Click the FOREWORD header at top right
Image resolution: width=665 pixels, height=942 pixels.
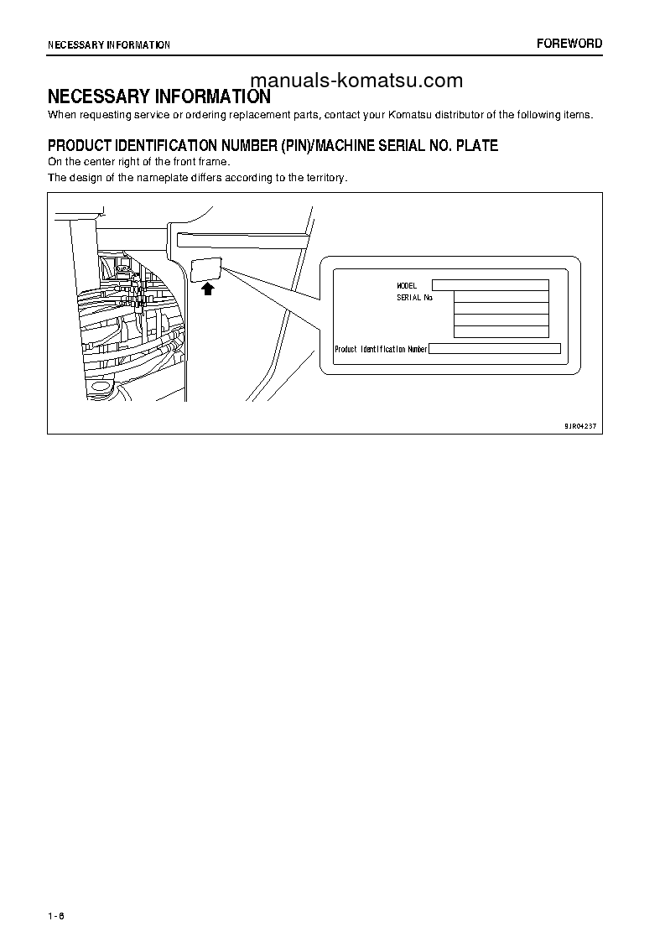click(x=569, y=44)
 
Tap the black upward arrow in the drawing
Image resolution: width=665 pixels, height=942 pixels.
click(x=208, y=289)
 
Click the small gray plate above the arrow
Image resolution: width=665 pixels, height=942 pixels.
click(x=207, y=269)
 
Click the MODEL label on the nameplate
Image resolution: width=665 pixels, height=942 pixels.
click(x=407, y=286)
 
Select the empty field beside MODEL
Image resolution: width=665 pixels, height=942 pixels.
click(x=491, y=285)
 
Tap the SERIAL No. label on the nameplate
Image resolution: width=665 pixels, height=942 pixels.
click(x=415, y=297)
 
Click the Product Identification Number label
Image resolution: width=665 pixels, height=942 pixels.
click(x=381, y=349)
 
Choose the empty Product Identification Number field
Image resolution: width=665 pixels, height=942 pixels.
click(x=495, y=349)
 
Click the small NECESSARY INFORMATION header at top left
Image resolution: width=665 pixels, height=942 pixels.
click(x=109, y=44)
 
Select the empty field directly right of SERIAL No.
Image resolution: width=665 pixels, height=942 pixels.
click(x=501, y=296)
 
